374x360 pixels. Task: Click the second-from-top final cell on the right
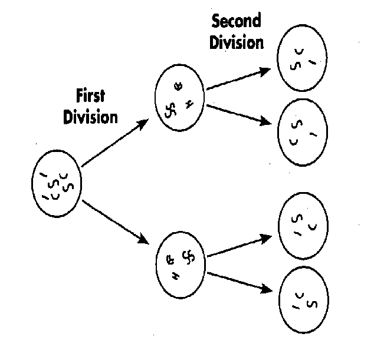click(x=303, y=133)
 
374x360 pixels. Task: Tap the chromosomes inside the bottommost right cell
click(x=304, y=300)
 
